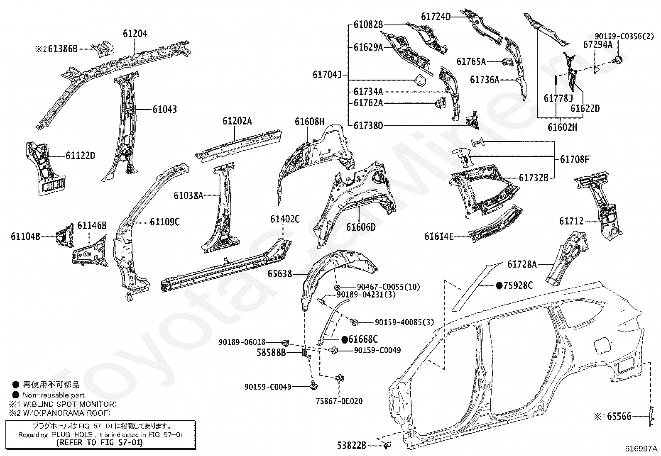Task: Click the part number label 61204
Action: coord(135,34)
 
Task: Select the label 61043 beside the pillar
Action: coord(165,110)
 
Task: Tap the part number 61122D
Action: coord(80,156)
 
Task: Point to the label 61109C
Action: coord(165,222)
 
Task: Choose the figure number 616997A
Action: coord(641,449)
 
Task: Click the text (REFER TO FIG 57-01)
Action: coord(100,442)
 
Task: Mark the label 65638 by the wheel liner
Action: coord(280,274)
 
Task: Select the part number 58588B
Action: coord(271,352)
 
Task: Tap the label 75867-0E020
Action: coord(339,401)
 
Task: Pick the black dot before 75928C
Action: coord(499,285)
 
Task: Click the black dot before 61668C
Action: coord(344,339)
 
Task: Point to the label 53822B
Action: coord(352,445)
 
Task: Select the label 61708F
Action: coord(575,159)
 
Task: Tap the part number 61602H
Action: coord(563,127)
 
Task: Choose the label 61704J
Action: coord(327,75)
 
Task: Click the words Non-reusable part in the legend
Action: coord(54,395)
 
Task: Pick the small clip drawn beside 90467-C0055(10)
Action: coord(336,287)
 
